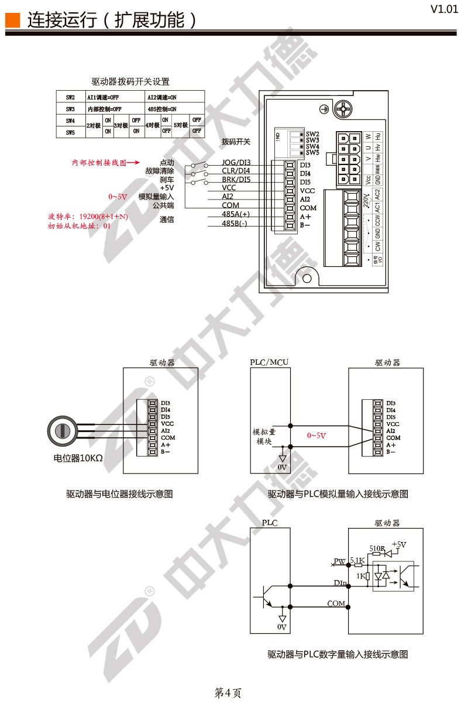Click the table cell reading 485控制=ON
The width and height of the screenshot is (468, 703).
(162, 109)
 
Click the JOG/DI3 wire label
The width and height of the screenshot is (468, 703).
(236, 162)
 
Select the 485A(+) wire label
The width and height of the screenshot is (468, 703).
(235, 214)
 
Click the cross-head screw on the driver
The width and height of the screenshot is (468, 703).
(343, 109)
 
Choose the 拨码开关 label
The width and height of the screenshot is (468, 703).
(236, 142)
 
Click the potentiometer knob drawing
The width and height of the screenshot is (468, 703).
(61, 431)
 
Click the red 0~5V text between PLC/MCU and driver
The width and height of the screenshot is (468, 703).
(316, 435)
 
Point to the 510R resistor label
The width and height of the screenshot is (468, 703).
(377, 548)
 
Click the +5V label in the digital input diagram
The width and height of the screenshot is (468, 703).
(399, 544)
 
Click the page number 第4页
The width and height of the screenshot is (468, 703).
(228, 693)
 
